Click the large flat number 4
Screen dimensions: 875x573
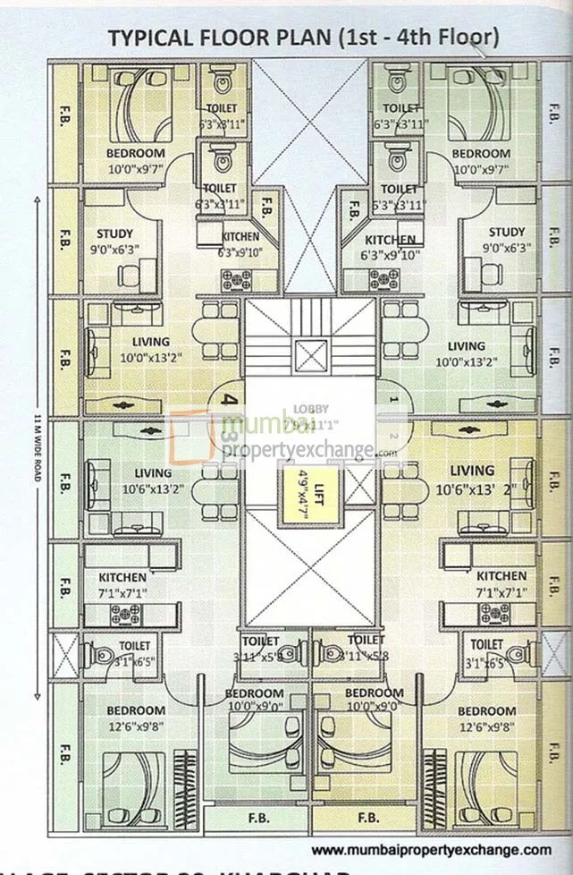[x=230, y=401]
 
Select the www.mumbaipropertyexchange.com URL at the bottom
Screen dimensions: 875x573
[x=431, y=849]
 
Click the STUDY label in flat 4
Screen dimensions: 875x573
[x=114, y=234]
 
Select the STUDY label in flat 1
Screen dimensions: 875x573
[x=507, y=233]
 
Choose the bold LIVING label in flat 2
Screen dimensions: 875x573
[x=472, y=471]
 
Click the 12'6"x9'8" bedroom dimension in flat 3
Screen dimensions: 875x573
[x=136, y=726]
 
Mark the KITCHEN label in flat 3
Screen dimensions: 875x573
[x=123, y=577]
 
